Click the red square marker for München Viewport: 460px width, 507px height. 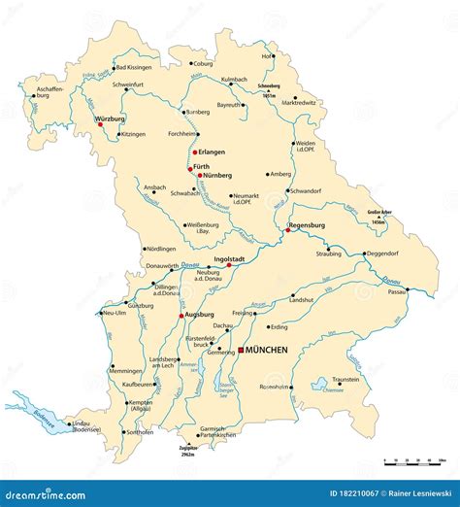coord(241,350)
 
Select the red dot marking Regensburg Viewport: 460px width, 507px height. coord(288,231)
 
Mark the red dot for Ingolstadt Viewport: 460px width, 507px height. coord(229,264)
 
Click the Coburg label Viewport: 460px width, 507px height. coord(203,64)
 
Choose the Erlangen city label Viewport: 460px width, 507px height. coord(213,152)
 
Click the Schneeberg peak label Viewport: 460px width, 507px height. coord(269,86)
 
